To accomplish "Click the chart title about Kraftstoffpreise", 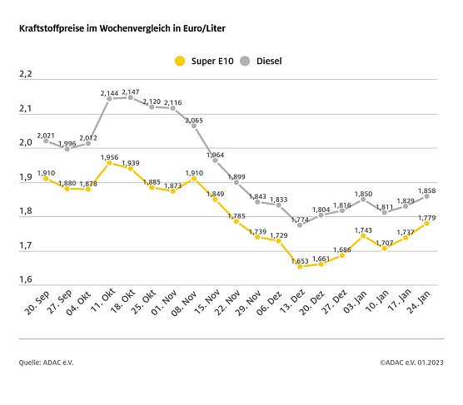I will click(122, 28).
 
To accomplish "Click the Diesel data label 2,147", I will click(131, 91).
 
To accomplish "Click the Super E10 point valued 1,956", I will click(109, 163).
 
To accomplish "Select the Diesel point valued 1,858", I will click(427, 196).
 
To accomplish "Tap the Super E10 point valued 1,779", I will click(427, 223).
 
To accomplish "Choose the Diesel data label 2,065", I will click(193, 121).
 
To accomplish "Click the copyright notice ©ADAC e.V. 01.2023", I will click(412, 363).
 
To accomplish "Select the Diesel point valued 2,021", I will click(46, 141).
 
